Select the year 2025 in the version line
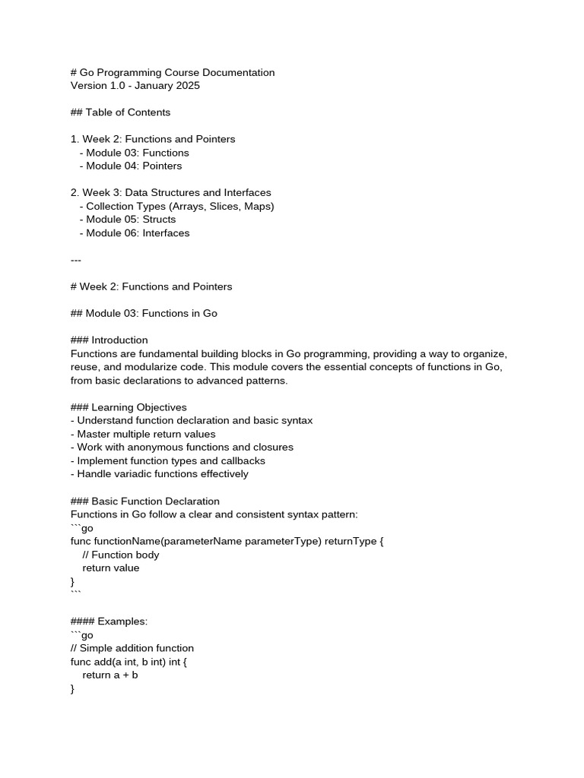(187, 86)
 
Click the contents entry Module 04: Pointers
(134, 166)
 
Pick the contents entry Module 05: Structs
(131, 220)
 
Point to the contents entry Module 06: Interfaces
(138, 233)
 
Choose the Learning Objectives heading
(139, 407)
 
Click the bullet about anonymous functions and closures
(185, 448)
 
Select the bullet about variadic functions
(163, 474)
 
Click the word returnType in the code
(356, 542)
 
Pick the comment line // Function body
(121, 555)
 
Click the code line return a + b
(110, 675)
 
